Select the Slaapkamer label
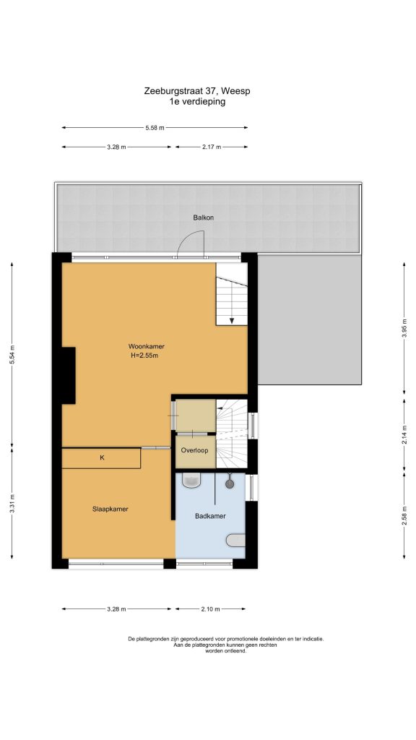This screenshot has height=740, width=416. coord(110,509)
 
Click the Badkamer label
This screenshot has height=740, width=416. coord(210,516)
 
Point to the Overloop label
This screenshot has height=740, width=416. coord(195,450)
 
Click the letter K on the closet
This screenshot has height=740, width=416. coord(102,457)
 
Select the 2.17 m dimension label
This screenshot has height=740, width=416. coord(212,147)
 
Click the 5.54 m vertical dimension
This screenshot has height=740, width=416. coord(12,356)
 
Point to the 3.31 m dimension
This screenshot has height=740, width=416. coord(12,503)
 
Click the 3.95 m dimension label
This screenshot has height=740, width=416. coord(404,329)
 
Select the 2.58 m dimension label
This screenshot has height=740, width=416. coord(404,516)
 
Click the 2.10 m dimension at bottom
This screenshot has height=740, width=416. coord(210,608)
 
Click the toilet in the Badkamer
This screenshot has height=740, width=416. coord(192,480)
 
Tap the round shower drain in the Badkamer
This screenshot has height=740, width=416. coord(230,483)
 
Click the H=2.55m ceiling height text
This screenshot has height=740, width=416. coord(144,356)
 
